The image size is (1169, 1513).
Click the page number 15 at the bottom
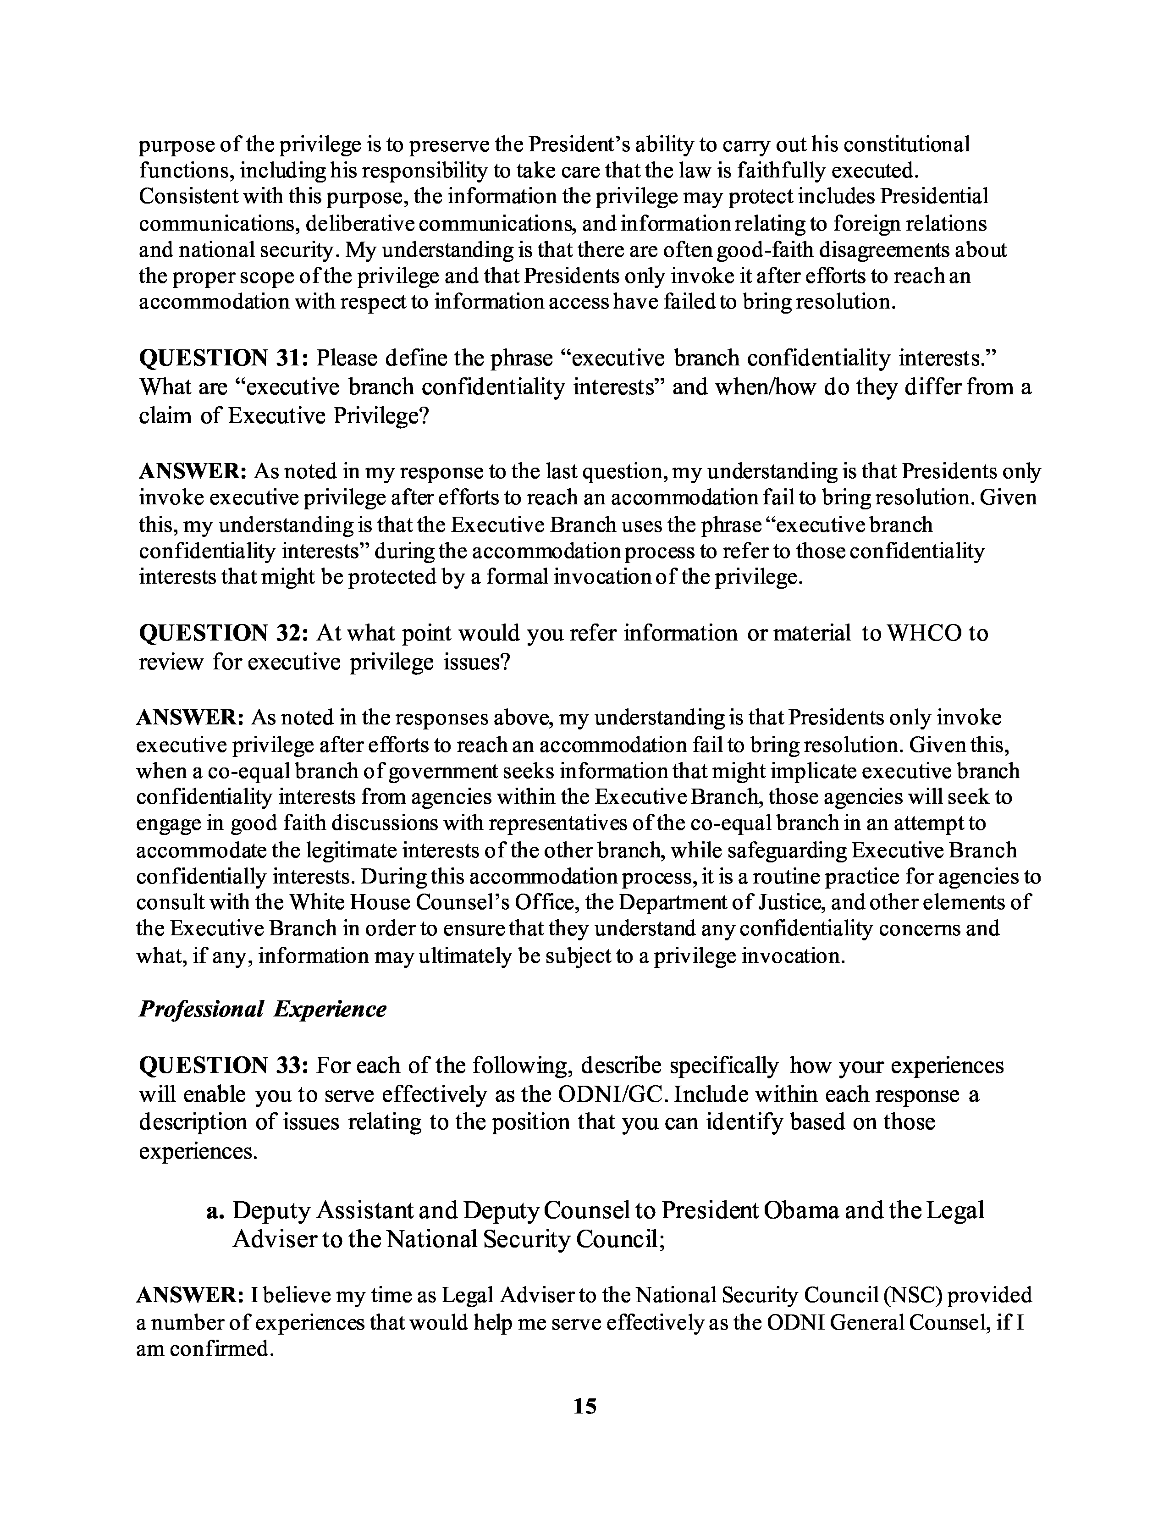click(584, 1406)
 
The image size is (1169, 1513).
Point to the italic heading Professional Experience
click(263, 1009)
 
